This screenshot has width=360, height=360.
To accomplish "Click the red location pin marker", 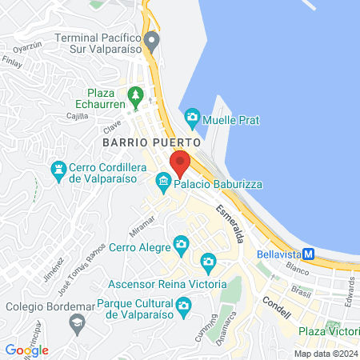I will tap(180, 163).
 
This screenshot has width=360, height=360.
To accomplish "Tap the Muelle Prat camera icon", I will tap(192, 119).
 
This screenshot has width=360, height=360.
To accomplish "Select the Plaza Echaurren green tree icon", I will tap(136, 96).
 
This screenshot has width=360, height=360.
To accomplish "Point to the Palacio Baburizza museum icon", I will tap(164, 183).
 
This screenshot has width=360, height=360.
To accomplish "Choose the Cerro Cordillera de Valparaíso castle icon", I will tap(58, 170).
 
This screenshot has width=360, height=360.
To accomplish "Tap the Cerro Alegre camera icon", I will tap(182, 243).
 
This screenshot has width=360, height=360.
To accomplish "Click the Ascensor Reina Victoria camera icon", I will tap(208, 262).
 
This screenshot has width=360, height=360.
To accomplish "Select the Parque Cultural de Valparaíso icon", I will tap(183, 305).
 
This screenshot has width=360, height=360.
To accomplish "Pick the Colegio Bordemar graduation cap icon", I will tap(77, 323).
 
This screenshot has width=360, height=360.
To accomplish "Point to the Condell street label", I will tap(277, 307).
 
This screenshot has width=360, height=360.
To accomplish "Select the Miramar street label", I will tap(142, 225).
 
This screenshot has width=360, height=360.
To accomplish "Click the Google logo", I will tap(26, 350).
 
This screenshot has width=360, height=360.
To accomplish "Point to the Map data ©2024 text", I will tap(324, 353).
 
